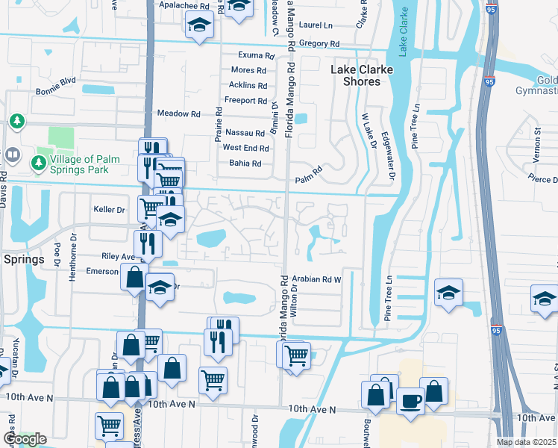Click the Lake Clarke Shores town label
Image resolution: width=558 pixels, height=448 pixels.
[x=356, y=75]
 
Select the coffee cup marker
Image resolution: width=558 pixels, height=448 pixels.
[x=410, y=401]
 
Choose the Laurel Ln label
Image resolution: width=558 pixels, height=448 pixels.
[x=316, y=25]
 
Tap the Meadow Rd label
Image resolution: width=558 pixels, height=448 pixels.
[x=179, y=114]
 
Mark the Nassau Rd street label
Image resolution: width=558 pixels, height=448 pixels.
[x=245, y=132]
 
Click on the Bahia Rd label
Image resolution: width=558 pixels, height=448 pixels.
[x=245, y=164]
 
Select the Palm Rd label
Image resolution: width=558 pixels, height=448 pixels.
[x=307, y=179]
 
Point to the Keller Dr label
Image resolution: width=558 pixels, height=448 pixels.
[x=109, y=210]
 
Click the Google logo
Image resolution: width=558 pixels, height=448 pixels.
[x=25, y=439]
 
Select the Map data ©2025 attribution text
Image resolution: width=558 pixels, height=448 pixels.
[x=525, y=442]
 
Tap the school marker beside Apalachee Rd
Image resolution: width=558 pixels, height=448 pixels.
[x=198, y=26]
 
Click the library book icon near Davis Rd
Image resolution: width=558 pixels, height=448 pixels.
[x=13, y=155]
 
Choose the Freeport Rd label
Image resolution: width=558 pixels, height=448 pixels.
[x=245, y=101]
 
